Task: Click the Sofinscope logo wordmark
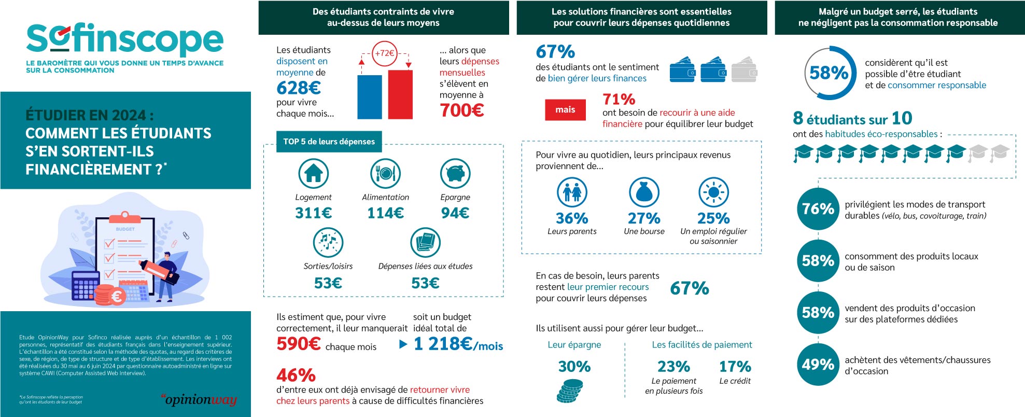pyautogui.click(x=124, y=39)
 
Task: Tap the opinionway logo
pyautogui.click(x=199, y=399)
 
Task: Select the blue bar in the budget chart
pyautogui.click(x=369, y=97)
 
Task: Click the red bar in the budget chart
pyautogui.click(x=400, y=94)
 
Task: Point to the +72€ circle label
pyautogui.click(x=385, y=53)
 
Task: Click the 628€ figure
pyautogui.click(x=299, y=87)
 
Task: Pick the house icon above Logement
pyautogui.click(x=314, y=173)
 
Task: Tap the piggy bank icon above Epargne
pyautogui.click(x=455, y=173)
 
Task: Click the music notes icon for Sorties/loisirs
pyautogui.click(x=328, y=242)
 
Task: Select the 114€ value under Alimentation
pyautogui.click(x=385, y=213)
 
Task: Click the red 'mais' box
pyautogui.click(x=565, y=109)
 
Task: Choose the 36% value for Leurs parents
pyautogui.click(x=572, y=218)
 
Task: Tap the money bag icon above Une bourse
pyautogui.click(x=644, y=192)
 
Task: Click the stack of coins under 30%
pyautogui.click(x=570, y=391)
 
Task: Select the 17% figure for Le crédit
pyautogui.click(x=735, y=367)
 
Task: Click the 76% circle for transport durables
pyautogui.click(x=818, y=209)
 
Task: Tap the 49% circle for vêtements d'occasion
pyautogui.click(x=818, y=365)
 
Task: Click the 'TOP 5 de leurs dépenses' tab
pyautogui.click(x=329, y=142)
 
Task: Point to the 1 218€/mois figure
pyautogui.click(x=458, y=344)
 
